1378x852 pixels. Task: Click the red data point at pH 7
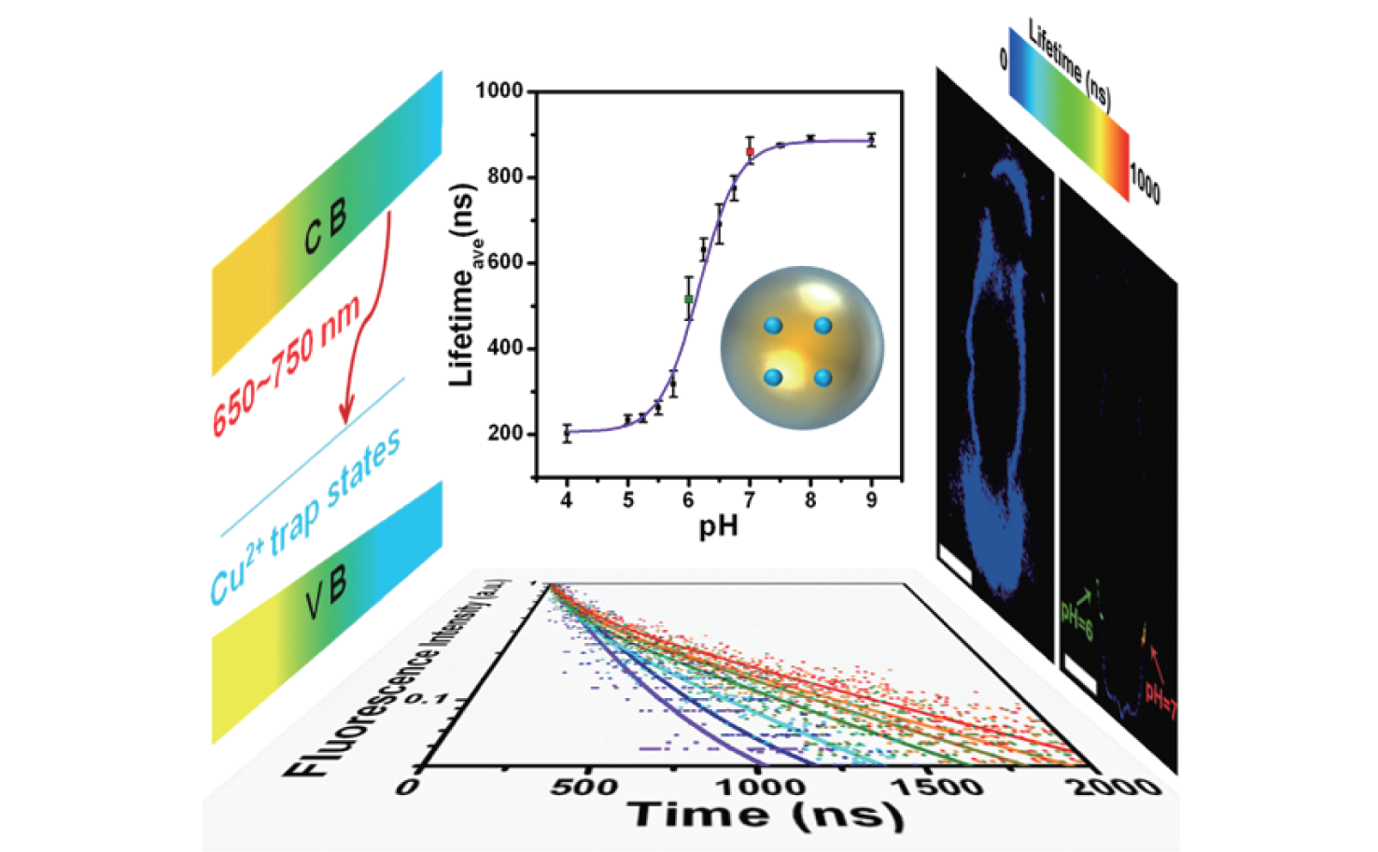pos(750,151)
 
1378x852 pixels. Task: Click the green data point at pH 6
pos(689,299)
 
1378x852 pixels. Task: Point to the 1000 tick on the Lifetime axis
pos(499,91)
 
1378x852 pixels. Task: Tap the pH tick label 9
pos(871,500)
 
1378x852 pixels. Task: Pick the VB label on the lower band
pos(325,594)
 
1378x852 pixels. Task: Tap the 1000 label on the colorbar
pos(1145,184)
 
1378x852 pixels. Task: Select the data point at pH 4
pos(567,433)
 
